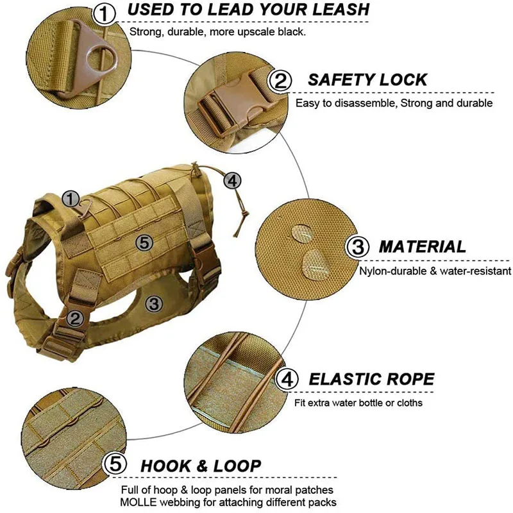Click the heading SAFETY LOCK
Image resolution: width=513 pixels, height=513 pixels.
pos(367,80)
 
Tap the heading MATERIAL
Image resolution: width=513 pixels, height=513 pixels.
pos(422,247)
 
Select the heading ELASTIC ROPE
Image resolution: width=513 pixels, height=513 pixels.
pos(371,379)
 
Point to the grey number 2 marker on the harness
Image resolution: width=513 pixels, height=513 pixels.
pos(75,317)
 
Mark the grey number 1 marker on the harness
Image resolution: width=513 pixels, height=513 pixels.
pos(71,198)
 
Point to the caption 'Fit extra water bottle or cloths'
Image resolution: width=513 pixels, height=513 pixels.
pos(358,403)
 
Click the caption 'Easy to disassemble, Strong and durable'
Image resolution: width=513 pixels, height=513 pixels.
pos(394,103)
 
